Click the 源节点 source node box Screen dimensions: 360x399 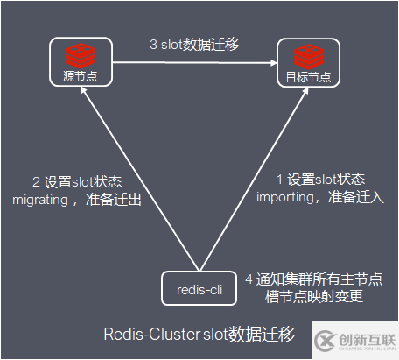(80, 62)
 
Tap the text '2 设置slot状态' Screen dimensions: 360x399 (76, 181)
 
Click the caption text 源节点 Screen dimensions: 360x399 (80, 76)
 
